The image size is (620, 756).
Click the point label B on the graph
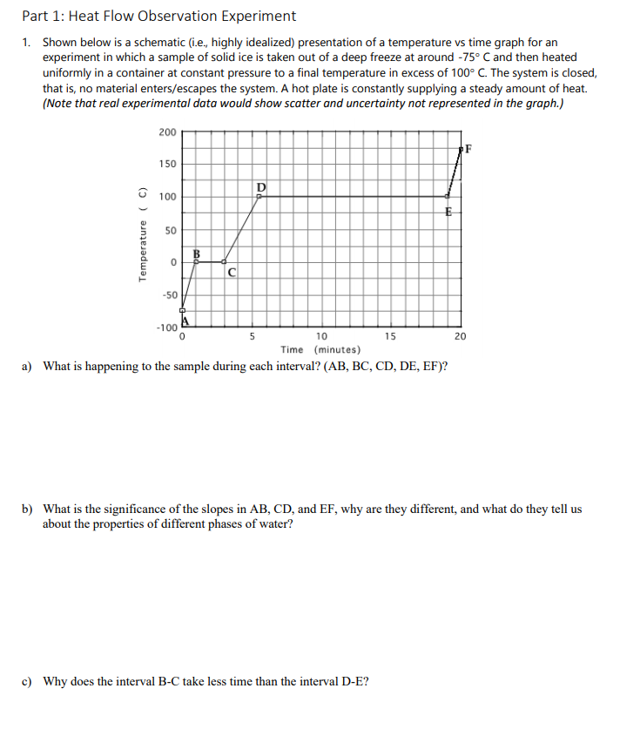click(x=196, y=253)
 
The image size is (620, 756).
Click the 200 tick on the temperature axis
click(x=167, y=132)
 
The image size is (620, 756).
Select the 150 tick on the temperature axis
click(x=167, y=164)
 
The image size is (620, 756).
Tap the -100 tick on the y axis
click(x=165, y=328)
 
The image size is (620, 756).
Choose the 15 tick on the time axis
click(x=391, y=336)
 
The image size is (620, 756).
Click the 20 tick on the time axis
click(x=461, y=336)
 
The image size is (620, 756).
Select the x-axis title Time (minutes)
click(x=316, y=349)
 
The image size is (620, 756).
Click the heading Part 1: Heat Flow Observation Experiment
click(x=159, y=16)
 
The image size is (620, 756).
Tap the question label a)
click(x=28, y=366)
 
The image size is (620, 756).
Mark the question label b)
click(x=28, y=509)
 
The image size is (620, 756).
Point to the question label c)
click(x=28, y=681)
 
